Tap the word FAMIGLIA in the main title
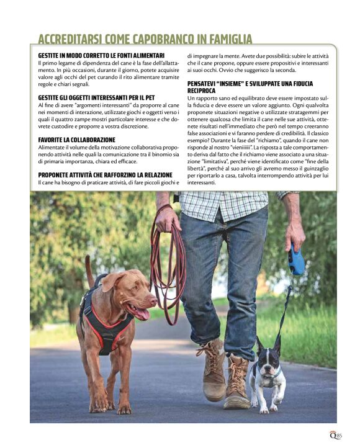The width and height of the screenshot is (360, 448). tap(231, 40)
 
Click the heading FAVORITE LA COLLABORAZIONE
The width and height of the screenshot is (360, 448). tap(76, 140)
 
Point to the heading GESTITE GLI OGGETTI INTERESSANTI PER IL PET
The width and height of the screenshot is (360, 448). tap(96, 98)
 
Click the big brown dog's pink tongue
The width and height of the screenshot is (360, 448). tap(142, 313)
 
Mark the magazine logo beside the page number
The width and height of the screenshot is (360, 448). tap(332, 434)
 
